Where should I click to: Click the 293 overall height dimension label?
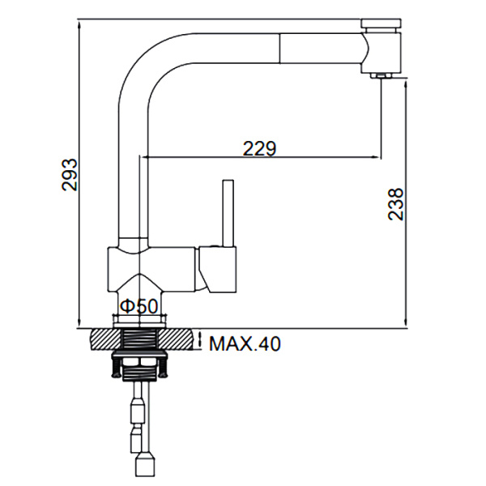(x=70, y=173)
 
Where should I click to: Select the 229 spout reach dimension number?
(x=259, y=148)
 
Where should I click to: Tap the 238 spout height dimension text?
(x=395, y=204)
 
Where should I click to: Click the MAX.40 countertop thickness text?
(x=245, y=344)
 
